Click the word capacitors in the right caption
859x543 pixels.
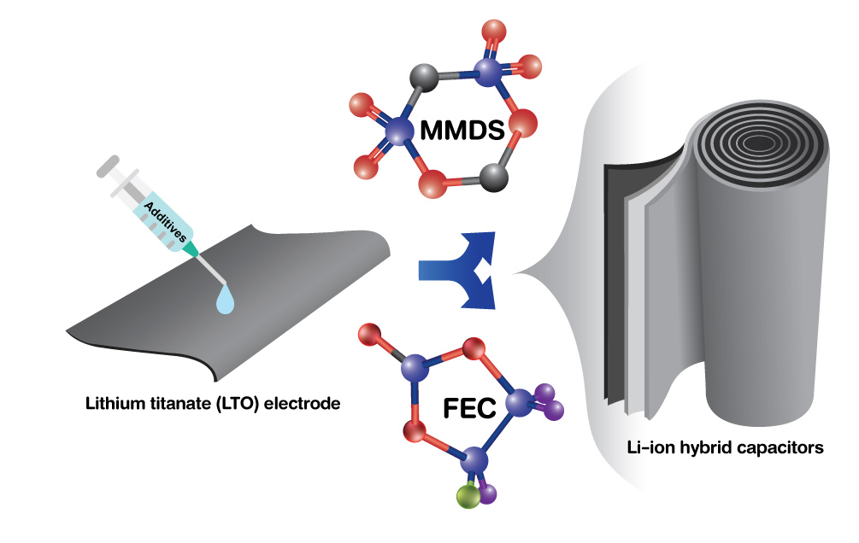click(x=782, y=446)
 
